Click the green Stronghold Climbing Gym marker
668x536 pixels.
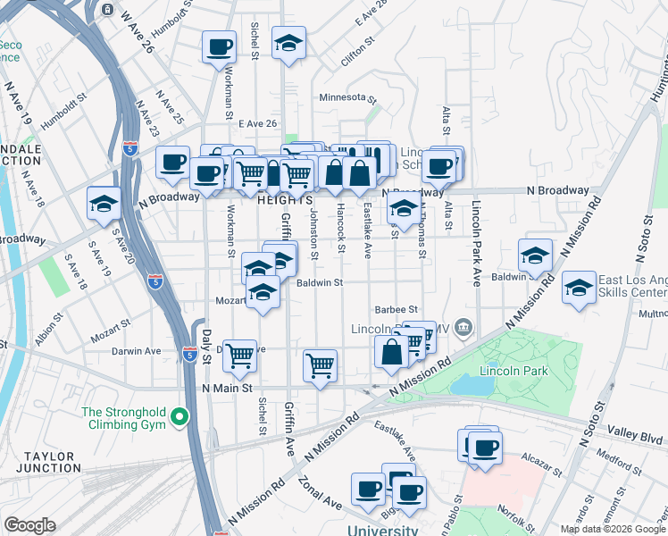(x=180, y=416)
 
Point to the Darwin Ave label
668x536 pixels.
(x=136, y=351)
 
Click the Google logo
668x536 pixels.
(x=29, y=524)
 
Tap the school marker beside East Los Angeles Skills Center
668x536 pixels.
(x=580, y=289)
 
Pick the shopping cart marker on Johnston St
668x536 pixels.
(x=319, y=364)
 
